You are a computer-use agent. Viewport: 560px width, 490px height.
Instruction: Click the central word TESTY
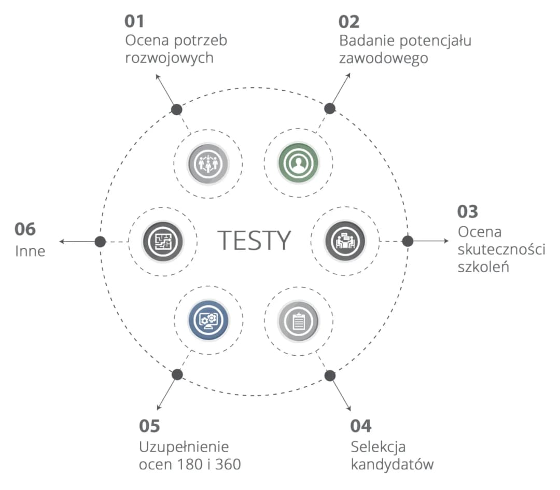click(254, 241)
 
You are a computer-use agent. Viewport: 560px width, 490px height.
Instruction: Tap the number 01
click(134, 21)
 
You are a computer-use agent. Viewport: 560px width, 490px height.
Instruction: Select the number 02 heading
click(349, 22)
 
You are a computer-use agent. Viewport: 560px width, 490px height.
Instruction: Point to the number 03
click(468, 212)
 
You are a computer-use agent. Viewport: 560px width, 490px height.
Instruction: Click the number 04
click(361, 426)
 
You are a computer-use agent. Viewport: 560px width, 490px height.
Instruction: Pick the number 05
click(149, 426)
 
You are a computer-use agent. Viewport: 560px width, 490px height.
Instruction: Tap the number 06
click(25, 229)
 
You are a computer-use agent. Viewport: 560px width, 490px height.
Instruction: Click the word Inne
click(30, 251)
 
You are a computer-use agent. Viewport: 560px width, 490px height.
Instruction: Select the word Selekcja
click(378, 447)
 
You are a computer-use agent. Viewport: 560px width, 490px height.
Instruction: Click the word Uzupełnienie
click(184, 447)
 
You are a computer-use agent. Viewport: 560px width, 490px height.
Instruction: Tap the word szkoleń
click(483, 267)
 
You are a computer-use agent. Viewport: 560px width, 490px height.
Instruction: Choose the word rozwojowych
click(169, 58)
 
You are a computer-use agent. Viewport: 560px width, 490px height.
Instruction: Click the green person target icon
click(299, 163)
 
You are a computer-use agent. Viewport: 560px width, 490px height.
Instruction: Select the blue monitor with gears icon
click(208, 319)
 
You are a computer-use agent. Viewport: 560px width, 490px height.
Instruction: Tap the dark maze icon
click(163, 242)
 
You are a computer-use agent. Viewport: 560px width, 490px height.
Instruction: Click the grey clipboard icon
click(299, 321)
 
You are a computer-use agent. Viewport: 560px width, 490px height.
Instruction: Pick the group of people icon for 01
click(208, 164)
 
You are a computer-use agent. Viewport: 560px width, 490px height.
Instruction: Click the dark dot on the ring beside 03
click(408, 241)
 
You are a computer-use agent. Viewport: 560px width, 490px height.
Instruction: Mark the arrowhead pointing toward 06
click(61, 242)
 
